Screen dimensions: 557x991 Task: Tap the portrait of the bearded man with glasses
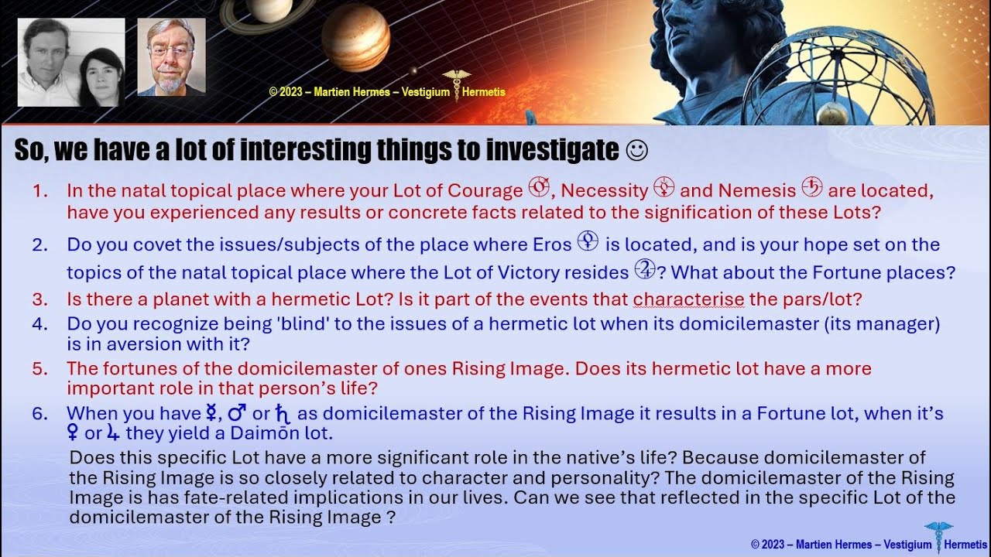click(171, 57)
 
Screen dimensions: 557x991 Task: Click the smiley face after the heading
click(636, 150)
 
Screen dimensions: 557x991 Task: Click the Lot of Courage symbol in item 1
click(539, 189)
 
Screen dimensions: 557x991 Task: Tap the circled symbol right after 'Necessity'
click(664, 189)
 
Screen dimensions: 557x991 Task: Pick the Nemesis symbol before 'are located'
click(812, 189)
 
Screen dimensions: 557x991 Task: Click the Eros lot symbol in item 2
click(588, 243)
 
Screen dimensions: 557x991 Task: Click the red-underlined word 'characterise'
click(688, 299)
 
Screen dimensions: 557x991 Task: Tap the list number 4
click(39, 323)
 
